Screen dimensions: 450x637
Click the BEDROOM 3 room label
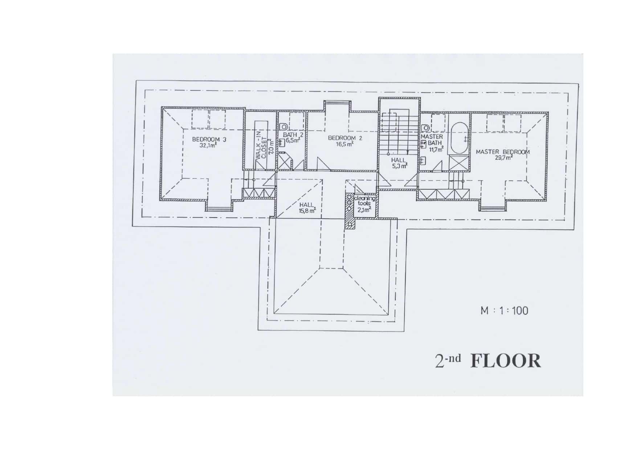pos(209,139)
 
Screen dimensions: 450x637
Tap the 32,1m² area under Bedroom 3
pos(208,146)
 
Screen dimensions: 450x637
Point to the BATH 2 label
pos(293,135)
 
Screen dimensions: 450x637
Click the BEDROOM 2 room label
pos(345,138)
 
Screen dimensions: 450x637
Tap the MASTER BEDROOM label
pos(503,152)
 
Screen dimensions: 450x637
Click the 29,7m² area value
pos(503,158)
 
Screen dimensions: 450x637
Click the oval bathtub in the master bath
pos(459,139)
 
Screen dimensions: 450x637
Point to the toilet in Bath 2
pos(283,127)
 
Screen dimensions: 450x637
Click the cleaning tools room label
pos(364,201)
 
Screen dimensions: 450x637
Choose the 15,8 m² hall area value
pos(307,211)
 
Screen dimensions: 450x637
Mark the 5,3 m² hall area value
pos(399,166)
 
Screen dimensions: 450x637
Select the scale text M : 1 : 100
pos(505,311)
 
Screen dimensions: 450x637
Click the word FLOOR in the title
pos(505,361)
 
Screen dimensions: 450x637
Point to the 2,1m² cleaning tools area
pos(364,210)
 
